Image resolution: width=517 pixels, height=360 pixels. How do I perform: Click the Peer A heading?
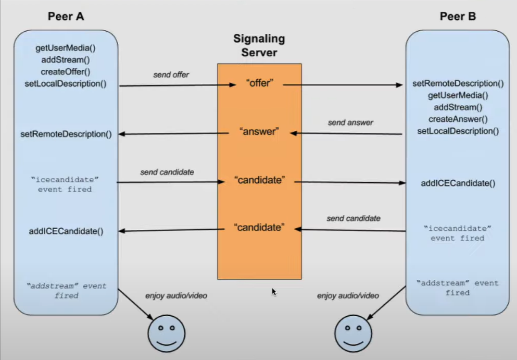tap(66, 16)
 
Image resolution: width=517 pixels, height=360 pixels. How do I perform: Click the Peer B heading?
tap(458, 16)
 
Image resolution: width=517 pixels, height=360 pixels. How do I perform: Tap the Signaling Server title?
tap(259, 45)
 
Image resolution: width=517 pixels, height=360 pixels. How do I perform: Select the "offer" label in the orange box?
tap(260, 83)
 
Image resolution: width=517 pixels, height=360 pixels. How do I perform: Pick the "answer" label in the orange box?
tap(259, 131)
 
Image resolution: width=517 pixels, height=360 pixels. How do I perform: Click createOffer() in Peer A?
tap(65, 71)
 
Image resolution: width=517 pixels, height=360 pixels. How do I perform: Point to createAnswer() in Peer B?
tap(458, 119)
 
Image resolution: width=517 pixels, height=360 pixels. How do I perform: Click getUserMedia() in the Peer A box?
tap(66, 48)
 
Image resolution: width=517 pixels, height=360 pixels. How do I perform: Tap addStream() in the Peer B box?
tap(458, 107)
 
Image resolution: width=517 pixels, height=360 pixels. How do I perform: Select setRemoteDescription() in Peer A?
tap(66, 134)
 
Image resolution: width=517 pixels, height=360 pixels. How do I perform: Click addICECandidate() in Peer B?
tap(458, 183)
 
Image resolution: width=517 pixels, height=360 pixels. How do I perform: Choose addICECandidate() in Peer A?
tap(66, 231)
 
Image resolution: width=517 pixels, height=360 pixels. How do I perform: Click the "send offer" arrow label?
tap(171, 75)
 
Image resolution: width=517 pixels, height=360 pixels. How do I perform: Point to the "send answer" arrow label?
tap(350, 123)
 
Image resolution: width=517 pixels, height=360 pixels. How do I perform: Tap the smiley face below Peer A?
tap(167, 333)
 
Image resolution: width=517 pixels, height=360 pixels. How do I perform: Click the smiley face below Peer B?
tap(353, 333)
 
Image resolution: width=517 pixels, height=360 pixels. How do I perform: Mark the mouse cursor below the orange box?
tap(274, 292)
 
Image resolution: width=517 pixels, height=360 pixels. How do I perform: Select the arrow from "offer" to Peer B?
tap(343, 85)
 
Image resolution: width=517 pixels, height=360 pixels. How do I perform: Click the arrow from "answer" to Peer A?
tap(173, 134)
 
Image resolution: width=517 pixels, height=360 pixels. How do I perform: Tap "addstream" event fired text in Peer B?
tap(458, 288)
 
